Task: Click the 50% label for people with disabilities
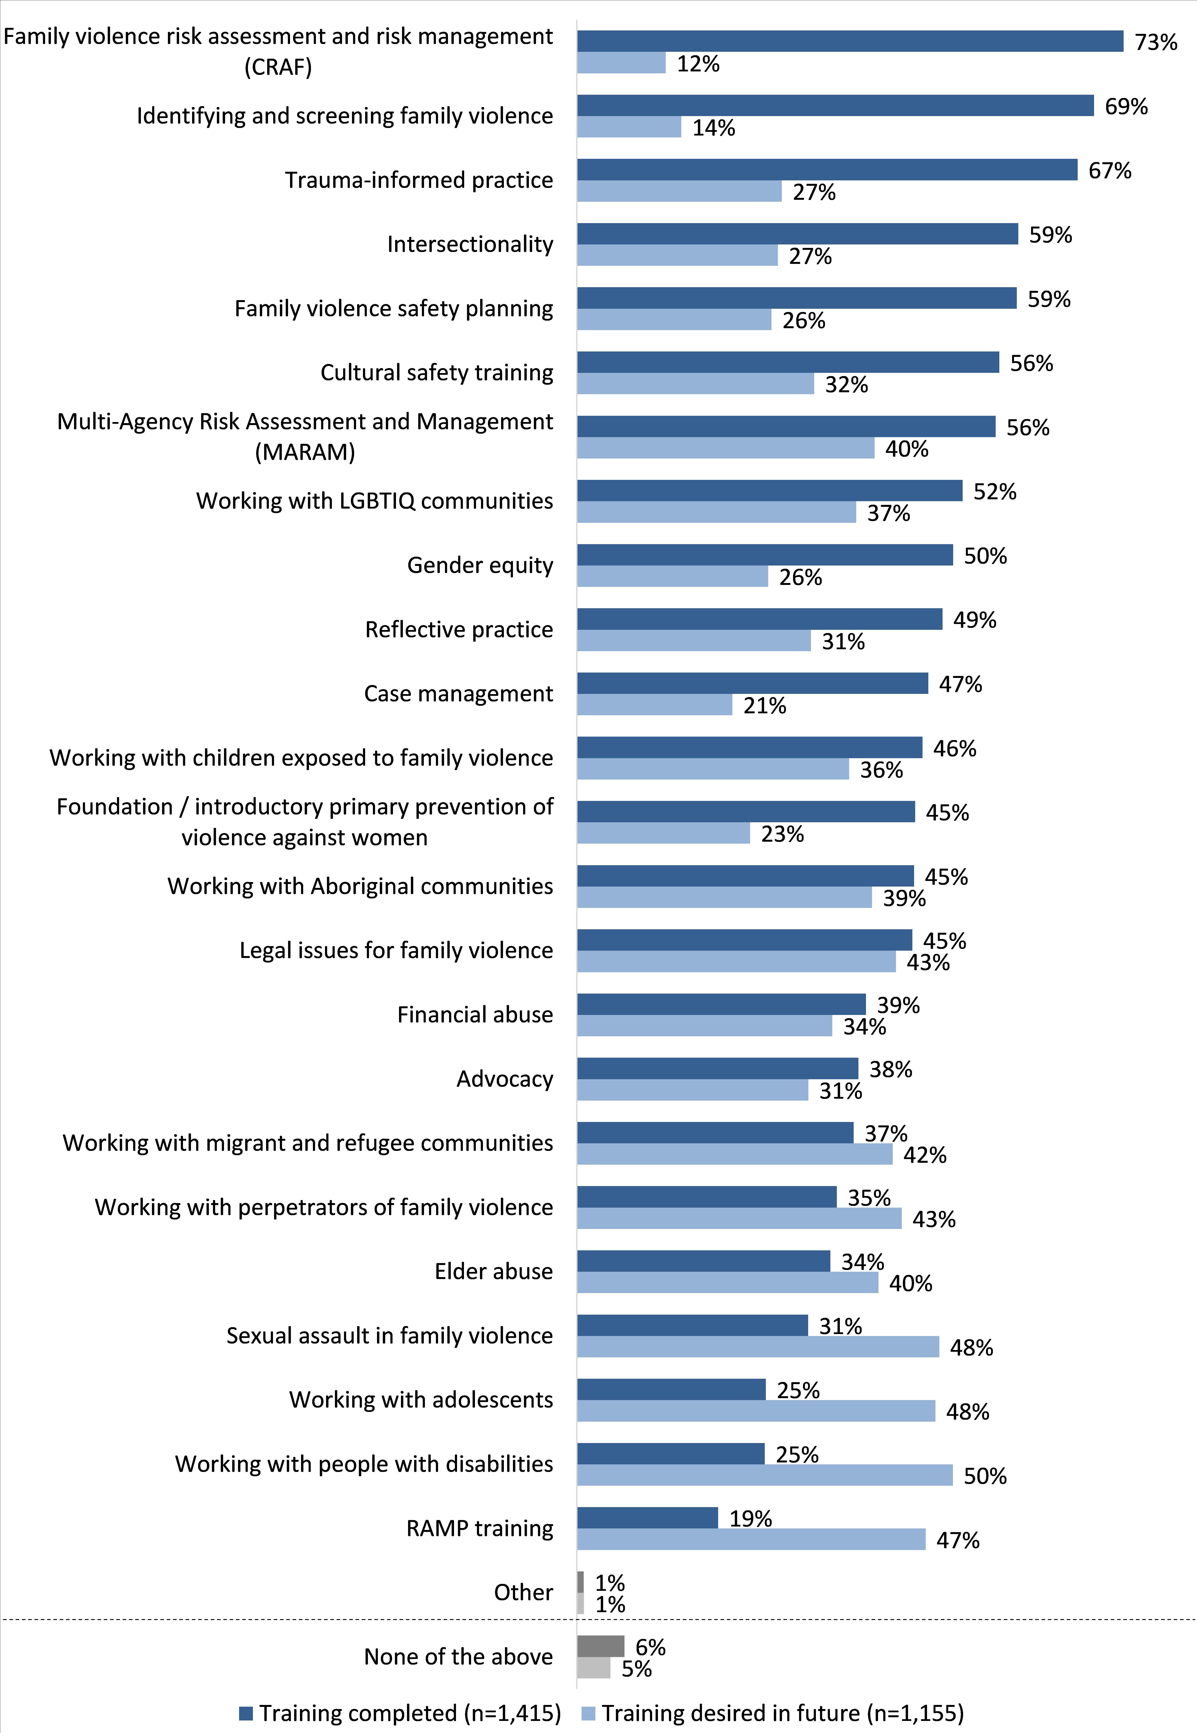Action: click(x=985, y=1476)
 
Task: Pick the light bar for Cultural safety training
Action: click(x=695, y=384)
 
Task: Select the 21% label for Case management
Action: click(x=764, y=706)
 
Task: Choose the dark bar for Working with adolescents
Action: click(x=671, y=1389)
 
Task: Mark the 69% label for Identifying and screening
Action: click(x=1126, y=107)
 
